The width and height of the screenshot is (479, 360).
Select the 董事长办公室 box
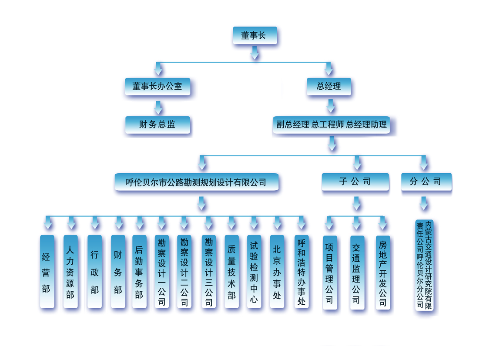tap(157, 86)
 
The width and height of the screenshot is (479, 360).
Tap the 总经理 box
tap(329, 86)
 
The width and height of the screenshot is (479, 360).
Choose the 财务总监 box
tap(157, 125)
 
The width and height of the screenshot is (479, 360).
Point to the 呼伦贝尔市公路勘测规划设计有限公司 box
tap(196, 182)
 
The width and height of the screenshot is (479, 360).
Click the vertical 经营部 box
tap(47, 272)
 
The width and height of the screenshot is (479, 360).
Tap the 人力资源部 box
tap(70, 272)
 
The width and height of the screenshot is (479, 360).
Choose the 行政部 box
tap(94, 272)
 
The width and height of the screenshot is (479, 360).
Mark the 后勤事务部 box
tap(139, 272)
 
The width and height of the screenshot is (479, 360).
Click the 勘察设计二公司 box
tap(184, 272)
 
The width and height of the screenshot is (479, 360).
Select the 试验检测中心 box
tap(254, 272)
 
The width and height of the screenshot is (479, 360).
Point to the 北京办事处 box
tap(277, 272)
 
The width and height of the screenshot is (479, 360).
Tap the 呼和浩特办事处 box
tap(301, 272)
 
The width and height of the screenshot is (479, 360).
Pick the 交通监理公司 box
tap(357, 273)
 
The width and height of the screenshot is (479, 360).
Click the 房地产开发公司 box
tap(383, 273)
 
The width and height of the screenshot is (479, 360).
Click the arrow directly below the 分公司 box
tap(424, 203)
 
